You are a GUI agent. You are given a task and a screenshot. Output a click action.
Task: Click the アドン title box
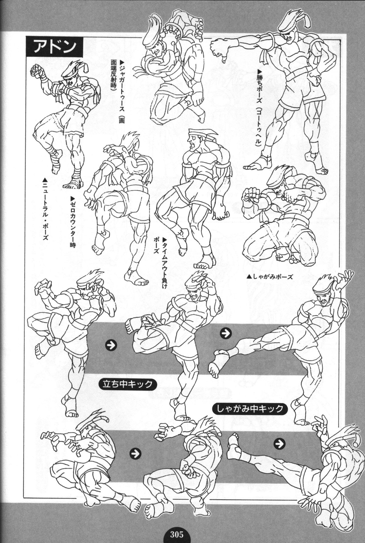point(54,47)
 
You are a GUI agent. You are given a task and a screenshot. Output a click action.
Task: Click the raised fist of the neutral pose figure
point(37,70)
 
